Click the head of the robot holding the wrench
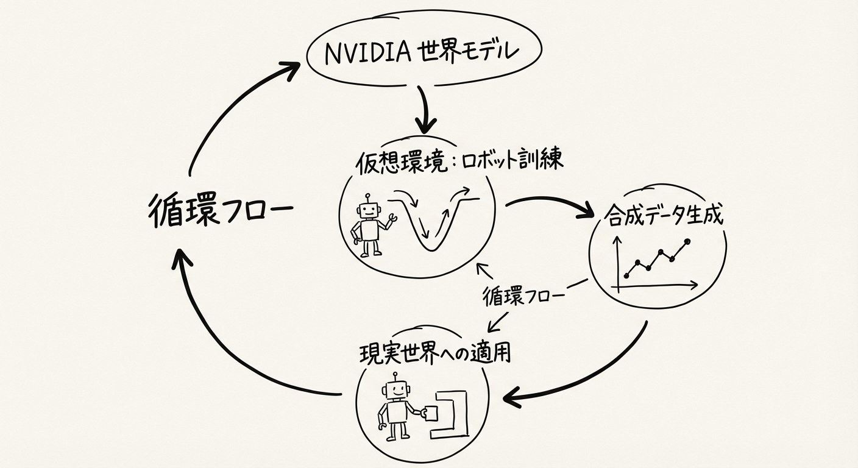(367, 210)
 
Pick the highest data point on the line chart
(688, 242)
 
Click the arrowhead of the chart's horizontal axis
(694, 284)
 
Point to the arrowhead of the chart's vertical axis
(619, 241)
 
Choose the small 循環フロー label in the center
(523, 296)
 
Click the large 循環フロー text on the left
(220, 211)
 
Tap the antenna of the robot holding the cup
(395, 377)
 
